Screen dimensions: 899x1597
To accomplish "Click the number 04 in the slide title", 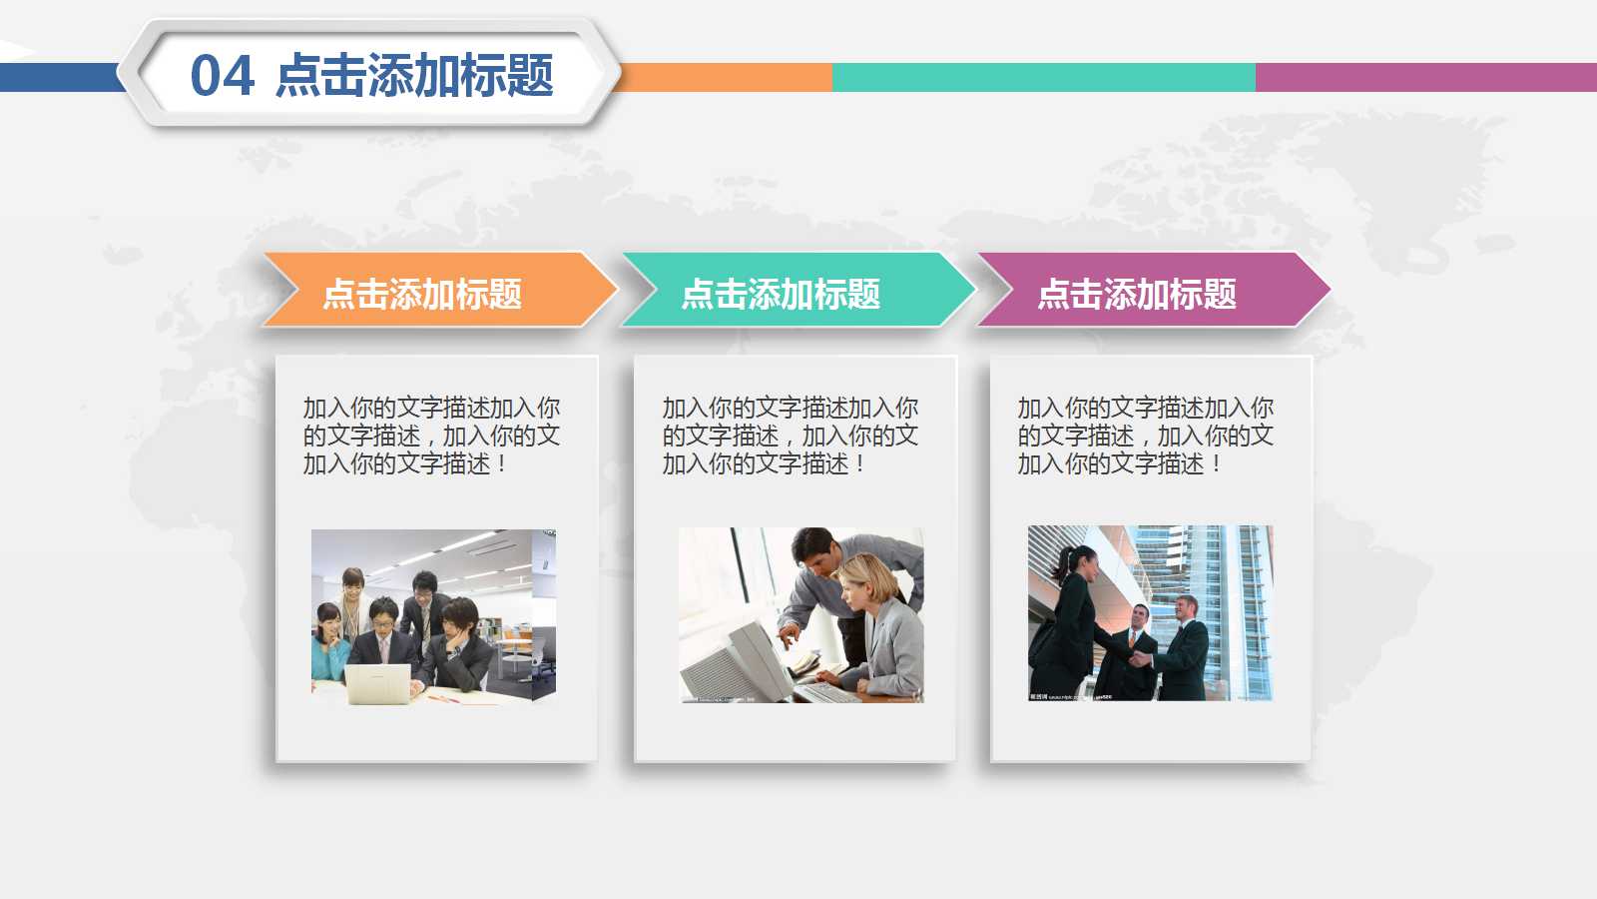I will [222, 77].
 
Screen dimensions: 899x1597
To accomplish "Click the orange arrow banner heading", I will [422, 294].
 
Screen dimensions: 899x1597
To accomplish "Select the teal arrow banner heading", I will [781, 294].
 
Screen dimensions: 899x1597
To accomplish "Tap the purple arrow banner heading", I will [1137, 294].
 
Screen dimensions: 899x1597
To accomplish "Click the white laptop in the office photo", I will [378, 683].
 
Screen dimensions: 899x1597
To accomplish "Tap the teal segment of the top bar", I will [1043, 77].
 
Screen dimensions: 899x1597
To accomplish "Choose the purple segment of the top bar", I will [1425, 77].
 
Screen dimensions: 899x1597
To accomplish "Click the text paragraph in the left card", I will [431, 436].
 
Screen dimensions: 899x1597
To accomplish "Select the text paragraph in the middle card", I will [790, 436].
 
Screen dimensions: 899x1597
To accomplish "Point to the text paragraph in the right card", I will [1145, 436].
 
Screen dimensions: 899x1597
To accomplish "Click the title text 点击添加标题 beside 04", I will [414, 77].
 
